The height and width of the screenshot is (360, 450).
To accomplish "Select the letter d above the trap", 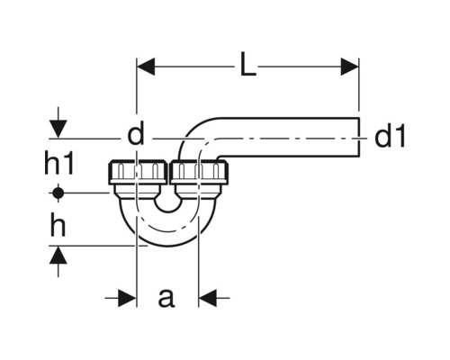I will [136, 136].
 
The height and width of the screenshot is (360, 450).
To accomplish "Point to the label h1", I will [58, 164].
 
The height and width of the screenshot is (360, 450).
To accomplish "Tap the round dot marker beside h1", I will [58, 193].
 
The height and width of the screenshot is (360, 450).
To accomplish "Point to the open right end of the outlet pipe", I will [358, 138].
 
